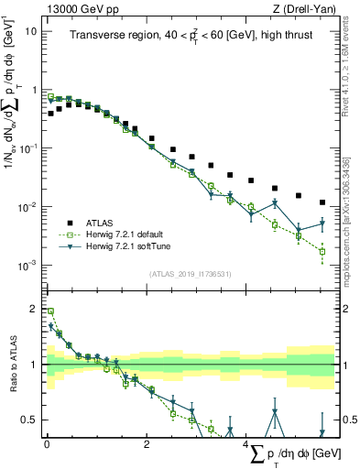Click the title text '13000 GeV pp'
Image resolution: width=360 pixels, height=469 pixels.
coord(76,8)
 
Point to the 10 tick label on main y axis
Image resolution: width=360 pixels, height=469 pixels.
coord(30,30)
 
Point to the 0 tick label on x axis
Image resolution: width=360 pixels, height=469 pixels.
coord(46,442)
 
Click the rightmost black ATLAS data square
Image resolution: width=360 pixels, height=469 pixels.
coord(322,202)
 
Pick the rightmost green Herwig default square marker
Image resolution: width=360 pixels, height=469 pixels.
coord(322,250)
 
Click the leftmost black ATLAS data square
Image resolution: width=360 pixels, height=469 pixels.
coord(50,114)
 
